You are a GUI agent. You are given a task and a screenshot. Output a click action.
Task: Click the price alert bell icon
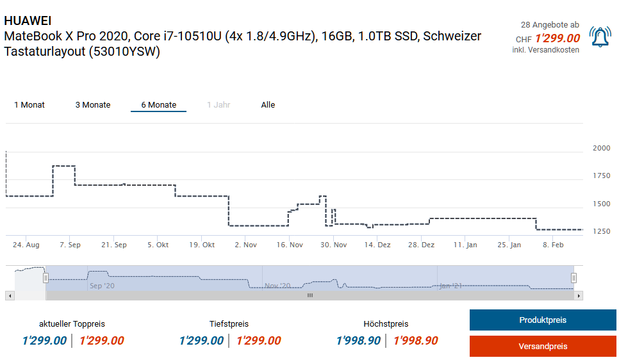(x=600, y=37)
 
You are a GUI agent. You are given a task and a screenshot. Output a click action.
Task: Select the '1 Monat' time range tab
(x=29, y=105)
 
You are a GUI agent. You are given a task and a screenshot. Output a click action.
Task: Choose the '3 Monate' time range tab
(x=93, y=105)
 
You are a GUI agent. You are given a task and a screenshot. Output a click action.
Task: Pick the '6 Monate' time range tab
(x=158, y=105)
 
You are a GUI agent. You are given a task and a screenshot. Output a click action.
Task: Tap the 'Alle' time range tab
(x=268, y=105)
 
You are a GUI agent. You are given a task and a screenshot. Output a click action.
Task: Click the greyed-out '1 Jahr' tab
(x=219, y=105)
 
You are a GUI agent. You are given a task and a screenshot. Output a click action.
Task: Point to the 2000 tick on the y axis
(x=602, y=148)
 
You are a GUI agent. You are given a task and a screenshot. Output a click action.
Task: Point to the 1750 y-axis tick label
(x=602, y=176)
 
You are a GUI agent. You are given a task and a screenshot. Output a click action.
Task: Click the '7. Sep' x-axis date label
(x=70, y=245)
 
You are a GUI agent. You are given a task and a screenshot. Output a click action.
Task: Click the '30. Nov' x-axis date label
(x=333, y=245)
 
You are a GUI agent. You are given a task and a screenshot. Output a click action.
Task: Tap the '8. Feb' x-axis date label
(x=553, y=245)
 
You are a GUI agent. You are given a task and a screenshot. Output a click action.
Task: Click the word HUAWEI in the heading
(x=28, y=21)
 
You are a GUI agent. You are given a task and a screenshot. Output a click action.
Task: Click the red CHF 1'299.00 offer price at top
(x=557, y=38)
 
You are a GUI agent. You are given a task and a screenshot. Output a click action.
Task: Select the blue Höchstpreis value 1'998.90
(x=358, y=341)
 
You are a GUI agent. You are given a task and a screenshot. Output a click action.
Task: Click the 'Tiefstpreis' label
(x=229, y=324)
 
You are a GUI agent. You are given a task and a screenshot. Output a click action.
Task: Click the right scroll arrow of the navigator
(x=579, y=295)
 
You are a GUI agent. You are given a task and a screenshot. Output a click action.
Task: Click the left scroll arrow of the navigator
(x=9, y=295)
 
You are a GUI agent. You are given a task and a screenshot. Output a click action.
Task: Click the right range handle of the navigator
(x=574, y=278)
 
